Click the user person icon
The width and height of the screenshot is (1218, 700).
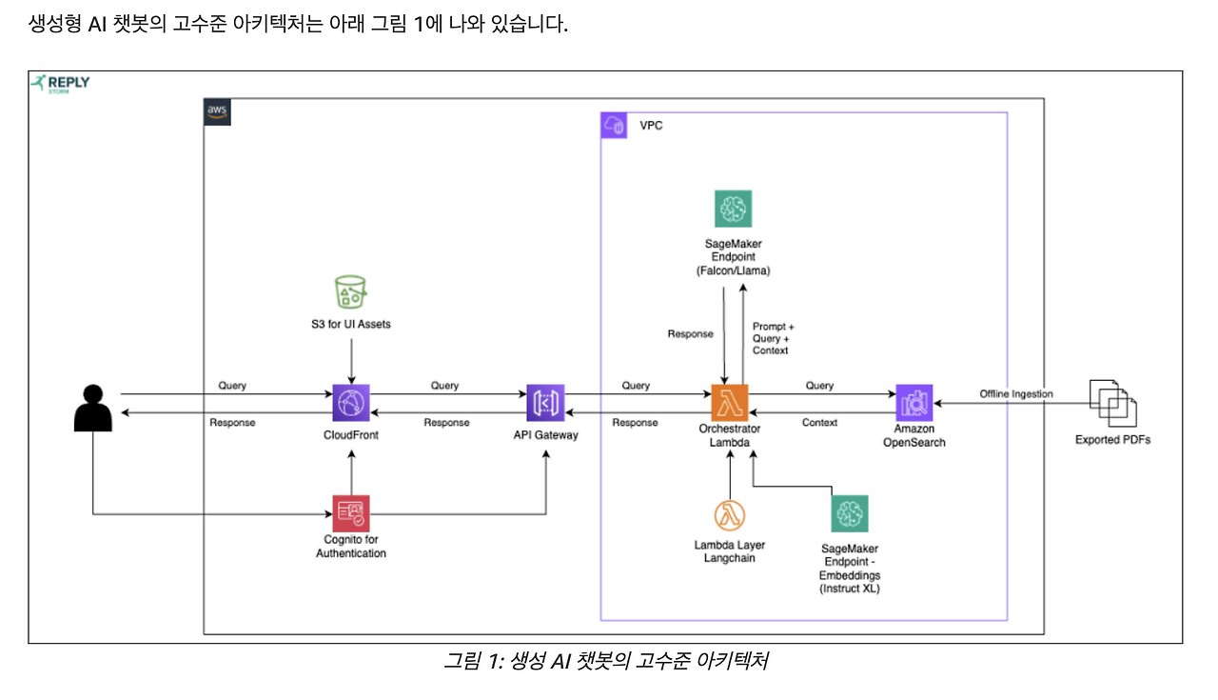[x=93, y=408]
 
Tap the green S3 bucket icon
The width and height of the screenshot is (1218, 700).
[x=350, y=291]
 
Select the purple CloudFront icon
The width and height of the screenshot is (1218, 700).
[x=350, y=403]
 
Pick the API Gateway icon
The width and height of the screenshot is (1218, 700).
[x=545, y=403]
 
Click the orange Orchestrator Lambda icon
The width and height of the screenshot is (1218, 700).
[x=730, y=403]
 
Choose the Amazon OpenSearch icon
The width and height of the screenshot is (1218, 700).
[x=913, y=403]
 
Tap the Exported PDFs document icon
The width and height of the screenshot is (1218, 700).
[x=1112, y=403]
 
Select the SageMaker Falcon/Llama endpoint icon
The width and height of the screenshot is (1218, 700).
[x=733, y=209]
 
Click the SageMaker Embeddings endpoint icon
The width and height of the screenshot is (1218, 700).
[x=850, y=514]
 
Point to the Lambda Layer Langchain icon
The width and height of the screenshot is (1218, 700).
[x=730, y=515]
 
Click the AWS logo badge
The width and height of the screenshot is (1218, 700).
[x=218, y=110]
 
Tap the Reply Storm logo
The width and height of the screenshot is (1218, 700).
[x=61, y=84]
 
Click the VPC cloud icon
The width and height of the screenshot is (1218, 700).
[x=614, y=126]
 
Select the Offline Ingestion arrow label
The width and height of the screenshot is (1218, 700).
[x=1015, y=394]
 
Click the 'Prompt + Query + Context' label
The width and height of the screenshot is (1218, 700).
[x=773, y=339]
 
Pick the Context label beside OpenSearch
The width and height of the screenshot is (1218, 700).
[x=819, y=422]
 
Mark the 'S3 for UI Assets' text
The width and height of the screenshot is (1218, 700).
[x=350, y=325]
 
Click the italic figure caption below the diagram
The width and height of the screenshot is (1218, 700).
[x=605, y=661]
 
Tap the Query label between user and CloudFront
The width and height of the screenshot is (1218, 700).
[x=232, y=386]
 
